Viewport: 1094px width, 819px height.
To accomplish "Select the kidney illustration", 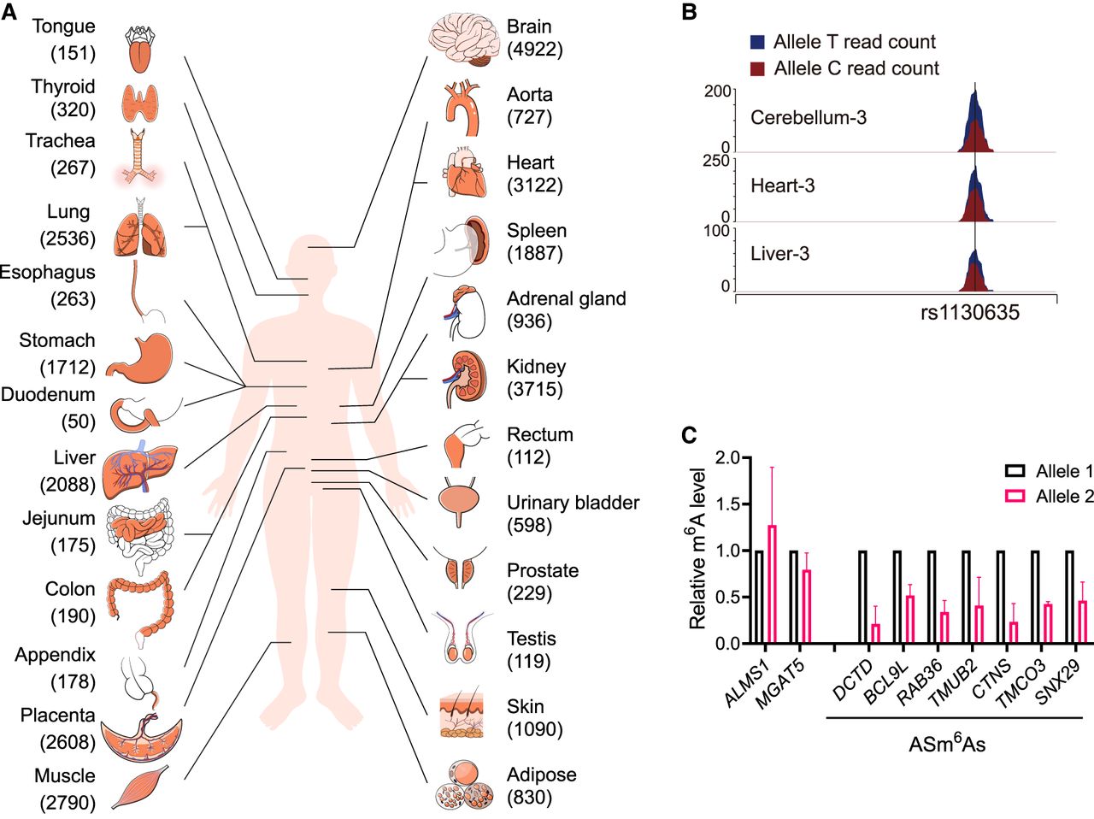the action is [464, 379].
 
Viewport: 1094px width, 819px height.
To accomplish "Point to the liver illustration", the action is [140, 469].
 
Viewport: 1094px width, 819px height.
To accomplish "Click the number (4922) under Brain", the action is [535, 50].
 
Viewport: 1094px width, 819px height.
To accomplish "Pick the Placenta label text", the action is [58, 715].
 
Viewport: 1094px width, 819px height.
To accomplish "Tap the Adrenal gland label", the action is [567, 298].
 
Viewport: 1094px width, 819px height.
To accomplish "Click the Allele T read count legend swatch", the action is [757, 43].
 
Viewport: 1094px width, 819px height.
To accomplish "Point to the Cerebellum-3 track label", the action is [809, 118].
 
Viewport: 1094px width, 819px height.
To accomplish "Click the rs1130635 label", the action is [970, 313].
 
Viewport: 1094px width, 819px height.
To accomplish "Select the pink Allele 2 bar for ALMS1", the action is [773, 584].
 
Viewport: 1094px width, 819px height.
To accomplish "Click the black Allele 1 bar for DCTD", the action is [863, 598].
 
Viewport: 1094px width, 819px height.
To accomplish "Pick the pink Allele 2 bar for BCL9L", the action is [909, 620].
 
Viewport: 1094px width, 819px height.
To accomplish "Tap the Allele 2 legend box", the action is [1015, 496].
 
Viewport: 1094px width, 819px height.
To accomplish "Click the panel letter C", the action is [689, 435].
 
